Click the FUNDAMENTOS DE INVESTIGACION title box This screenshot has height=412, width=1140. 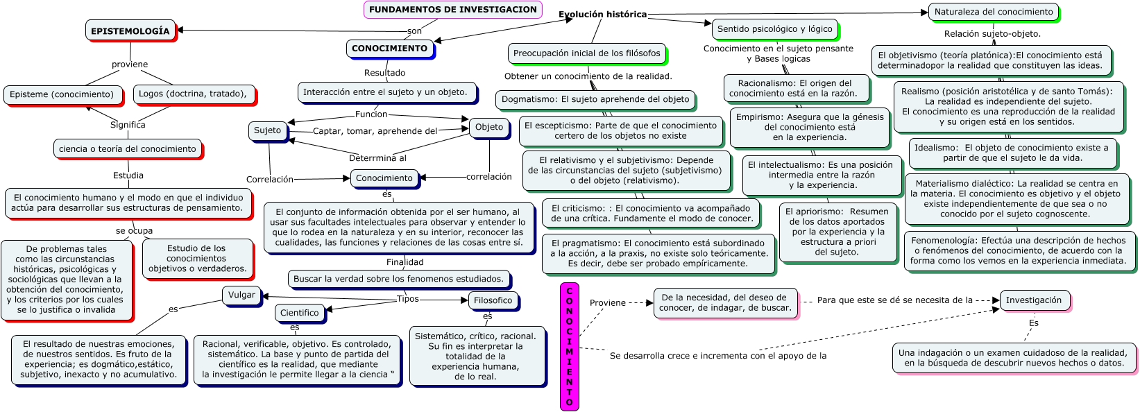(452, 10)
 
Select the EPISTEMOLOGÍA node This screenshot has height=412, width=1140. (130, 31)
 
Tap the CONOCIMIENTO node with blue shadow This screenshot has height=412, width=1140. (389, 49)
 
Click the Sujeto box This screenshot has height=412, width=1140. (268, 130)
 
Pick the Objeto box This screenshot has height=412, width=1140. (489, 127)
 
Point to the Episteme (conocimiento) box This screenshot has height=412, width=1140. (62, 94)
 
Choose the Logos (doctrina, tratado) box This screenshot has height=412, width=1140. (193, 94)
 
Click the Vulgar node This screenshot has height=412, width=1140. (241, 295)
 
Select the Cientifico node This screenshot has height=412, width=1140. (300, 313)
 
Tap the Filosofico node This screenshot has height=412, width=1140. (493, 300)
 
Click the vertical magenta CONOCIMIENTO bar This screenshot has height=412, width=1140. (569, 346)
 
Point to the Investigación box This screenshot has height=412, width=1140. (1034, 300)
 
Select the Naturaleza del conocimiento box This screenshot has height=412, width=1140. (994, 12)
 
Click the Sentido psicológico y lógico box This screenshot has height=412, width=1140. (774, 29)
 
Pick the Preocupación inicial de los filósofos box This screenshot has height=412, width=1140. (586, 53)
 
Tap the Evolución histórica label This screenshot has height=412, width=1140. (602, 15)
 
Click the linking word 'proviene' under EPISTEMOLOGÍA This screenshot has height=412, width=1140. (130, 65)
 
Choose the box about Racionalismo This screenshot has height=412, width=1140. (793, 88)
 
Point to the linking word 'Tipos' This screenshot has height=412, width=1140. (408, 299)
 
